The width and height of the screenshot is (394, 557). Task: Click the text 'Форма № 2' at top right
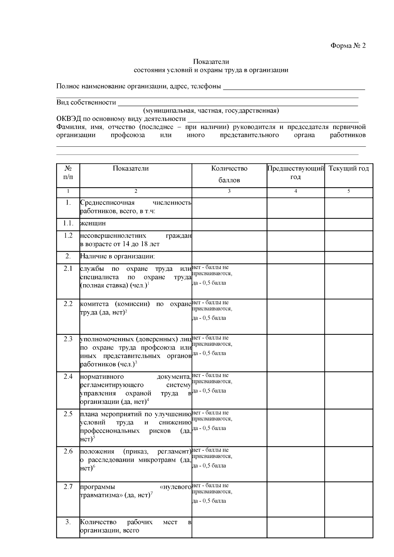pos(348,46)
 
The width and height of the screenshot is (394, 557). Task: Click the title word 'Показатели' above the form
pos(211,61)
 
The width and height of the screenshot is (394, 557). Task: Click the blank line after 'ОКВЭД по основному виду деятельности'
pos(273,120)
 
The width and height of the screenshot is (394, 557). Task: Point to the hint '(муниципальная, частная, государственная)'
pos(211,111)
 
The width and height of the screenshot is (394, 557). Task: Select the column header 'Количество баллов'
pos(229,174)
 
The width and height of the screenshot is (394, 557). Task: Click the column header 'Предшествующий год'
pos(295,173)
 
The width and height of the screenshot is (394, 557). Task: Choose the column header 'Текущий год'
pos(349,169)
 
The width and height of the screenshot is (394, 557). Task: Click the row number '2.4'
pos(68,376)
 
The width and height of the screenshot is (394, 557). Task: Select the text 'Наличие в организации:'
pos(117,256)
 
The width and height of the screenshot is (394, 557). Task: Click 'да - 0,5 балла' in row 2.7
pos(209,501)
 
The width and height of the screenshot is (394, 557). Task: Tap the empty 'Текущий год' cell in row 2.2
pos(349,316)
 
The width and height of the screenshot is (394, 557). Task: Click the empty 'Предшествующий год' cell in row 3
pos(295,527)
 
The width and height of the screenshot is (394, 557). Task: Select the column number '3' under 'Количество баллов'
pos(229,191)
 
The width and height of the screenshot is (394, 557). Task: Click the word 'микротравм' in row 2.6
pos(158,460)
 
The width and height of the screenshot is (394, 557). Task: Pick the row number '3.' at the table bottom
pos(68,522)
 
